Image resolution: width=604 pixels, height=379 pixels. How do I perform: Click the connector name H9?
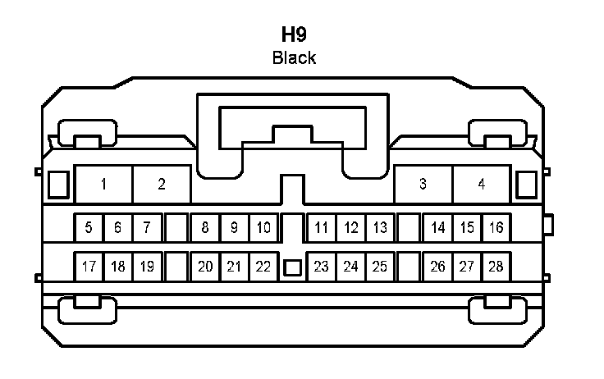click(x=294, y=35)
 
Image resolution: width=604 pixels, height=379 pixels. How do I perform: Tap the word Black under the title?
click(x=294, y=57)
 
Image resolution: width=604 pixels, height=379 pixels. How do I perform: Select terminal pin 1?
click(x=104, y=184)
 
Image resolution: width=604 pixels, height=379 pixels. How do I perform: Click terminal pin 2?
click(x=162, y=184)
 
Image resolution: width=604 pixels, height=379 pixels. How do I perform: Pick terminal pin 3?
click(x=423, y=184)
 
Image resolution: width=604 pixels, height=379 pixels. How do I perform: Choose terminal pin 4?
click(x=482, y=184)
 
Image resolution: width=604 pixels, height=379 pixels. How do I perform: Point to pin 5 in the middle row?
click(x=89, y=227)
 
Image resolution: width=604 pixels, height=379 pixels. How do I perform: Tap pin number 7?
click(x=147, y=227)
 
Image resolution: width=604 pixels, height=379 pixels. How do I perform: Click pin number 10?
click(x=263, y=227)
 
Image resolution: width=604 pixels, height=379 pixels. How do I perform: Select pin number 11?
click(x=322, y=227)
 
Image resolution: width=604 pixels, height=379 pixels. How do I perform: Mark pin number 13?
click(x=379, y=227)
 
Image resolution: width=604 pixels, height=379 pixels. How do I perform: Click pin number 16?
click(x=495, y=227)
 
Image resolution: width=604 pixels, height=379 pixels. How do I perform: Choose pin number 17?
click(x=89, y=266)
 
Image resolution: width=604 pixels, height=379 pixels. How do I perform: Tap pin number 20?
click(x=205, y=266)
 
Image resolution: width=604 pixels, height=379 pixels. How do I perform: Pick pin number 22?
click(x=263, y=266)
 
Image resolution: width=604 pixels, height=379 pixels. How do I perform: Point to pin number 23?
click(x=322, y=266)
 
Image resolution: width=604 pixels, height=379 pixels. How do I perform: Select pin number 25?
click(x=379, y=266)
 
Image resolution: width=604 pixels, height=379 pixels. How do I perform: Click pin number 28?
click(x=495, y=266)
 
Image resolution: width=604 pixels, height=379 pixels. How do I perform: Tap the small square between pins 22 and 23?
click(x=292, y=267)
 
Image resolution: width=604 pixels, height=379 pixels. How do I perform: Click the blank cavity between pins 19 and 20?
click(x=176, y=266)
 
